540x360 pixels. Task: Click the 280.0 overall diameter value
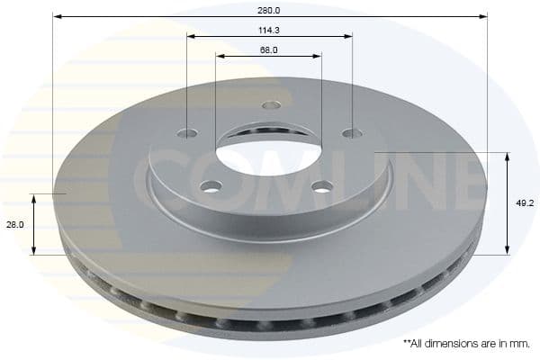pos(269,10)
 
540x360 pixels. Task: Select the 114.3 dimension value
pos(269,30)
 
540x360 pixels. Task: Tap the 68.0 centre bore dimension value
pos(268,50)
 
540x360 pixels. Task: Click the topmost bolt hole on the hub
pos(271,105)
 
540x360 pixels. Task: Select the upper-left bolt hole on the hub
pos(187,133)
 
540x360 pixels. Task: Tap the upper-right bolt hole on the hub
pos(352,133)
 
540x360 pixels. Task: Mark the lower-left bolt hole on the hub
pos(211,186)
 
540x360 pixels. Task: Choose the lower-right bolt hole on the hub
pos(322,186)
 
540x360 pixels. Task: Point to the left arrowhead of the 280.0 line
pos(56,16)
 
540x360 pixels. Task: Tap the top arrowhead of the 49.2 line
pos(508,157)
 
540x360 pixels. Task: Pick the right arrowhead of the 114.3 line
pos(349,36)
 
